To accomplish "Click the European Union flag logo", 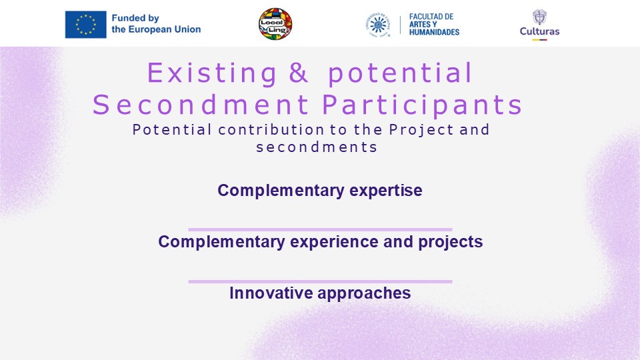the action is (x=86, y=25).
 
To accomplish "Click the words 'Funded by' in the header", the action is (x=135, y=19).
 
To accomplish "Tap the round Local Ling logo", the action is (x=275, y=24).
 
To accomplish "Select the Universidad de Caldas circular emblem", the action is (x=378, y=25).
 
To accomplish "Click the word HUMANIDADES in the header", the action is (x=434, y=32).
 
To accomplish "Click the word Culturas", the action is (x=539, y=31).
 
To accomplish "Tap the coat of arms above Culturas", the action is (x=539, y=17).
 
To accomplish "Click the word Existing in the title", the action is (x=212, y=73).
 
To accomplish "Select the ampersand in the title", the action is (x=299, y=73).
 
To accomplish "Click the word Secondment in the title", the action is (x=201, y=105).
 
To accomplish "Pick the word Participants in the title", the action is (x=422, y=105).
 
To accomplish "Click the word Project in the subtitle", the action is (x=421, y=130).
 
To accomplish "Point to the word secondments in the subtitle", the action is (x=317, y=147).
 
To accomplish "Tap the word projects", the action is (x=450, y=242).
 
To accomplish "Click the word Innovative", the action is (x=271, y=293).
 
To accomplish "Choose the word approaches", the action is (x=364, y=293).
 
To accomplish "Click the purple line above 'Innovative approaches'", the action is (x=320, y=281).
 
